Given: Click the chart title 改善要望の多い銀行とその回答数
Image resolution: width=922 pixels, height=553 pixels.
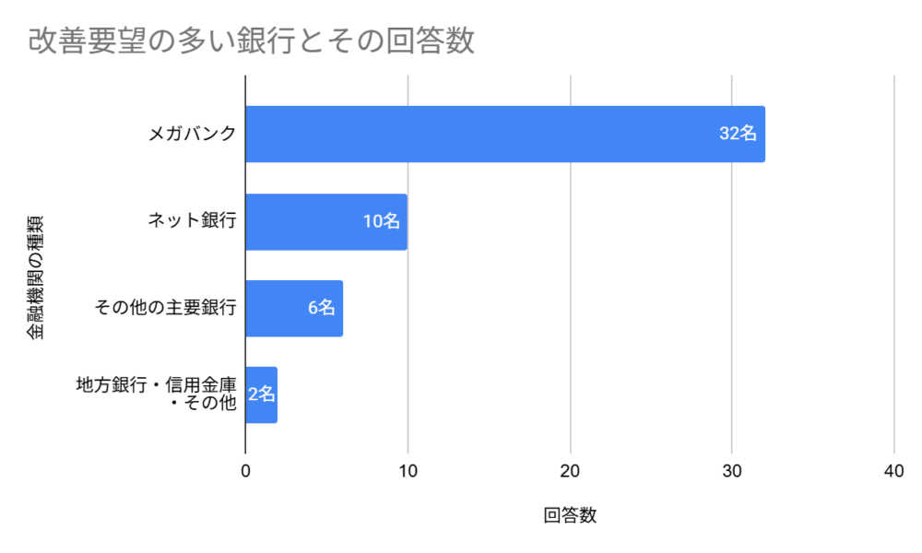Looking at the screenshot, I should pos(251,41).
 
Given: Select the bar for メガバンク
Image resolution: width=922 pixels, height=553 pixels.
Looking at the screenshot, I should pos(504,134).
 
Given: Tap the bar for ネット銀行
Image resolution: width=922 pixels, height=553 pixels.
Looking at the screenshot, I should pos(325,221).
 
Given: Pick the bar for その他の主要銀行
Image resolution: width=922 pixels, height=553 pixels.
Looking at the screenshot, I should pos(293,308).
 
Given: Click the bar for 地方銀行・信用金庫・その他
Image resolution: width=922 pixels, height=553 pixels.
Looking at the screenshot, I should pos(261,394).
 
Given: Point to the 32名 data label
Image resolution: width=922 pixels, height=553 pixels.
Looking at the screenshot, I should pos(738,134).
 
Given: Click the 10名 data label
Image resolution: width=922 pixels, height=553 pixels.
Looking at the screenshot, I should pos(382,221).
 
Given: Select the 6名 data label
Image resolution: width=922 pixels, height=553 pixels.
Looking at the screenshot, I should pos(322,308).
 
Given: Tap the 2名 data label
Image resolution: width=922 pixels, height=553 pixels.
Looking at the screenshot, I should pos(262,394).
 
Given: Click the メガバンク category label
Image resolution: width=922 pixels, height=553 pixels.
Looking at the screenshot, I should pos(193,134).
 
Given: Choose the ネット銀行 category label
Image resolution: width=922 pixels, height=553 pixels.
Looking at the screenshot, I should pos(193,221).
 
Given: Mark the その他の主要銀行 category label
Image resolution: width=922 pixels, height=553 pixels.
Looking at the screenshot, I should pos(166,308).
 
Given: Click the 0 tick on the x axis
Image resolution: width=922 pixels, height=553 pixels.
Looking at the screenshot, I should pos(245,471).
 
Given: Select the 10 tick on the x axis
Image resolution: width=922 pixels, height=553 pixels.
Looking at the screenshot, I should pos(408,471).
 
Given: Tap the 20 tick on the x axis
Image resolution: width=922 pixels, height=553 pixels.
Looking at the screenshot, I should pos(571,471).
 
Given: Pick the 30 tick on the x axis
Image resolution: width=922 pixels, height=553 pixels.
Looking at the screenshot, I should pos(732,471).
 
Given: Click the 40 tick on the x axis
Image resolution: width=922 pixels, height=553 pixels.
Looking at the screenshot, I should pos(893,471).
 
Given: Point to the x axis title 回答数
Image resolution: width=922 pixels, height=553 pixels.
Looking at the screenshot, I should pos(570,516).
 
